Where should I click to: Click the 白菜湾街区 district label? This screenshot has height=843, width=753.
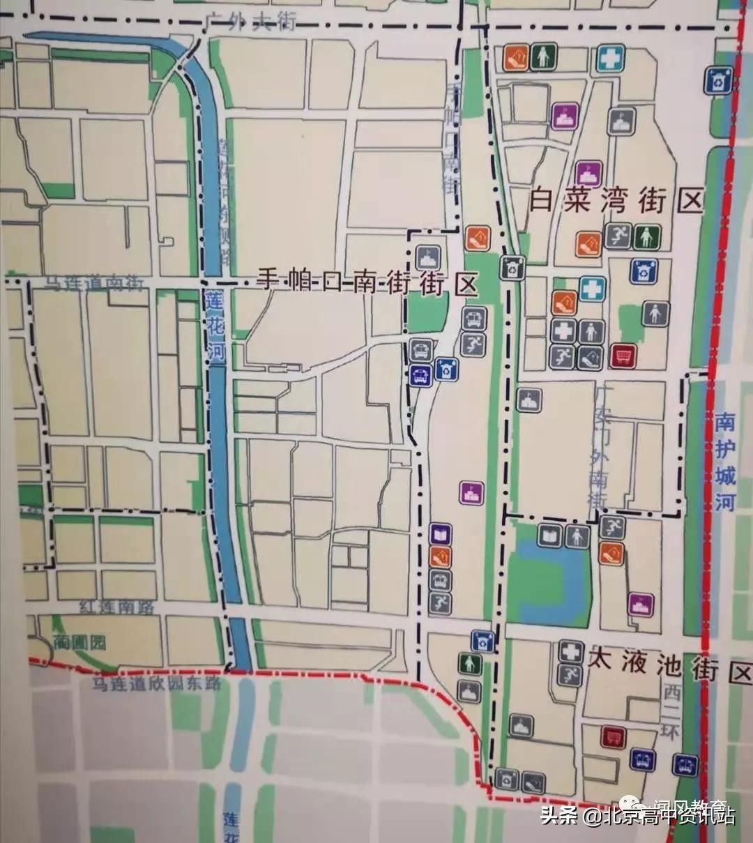[616, 202]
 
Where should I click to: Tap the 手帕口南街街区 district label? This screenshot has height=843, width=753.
[367, 282]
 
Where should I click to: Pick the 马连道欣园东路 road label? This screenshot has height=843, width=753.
[158, 683]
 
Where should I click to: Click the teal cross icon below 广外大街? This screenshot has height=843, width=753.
[610, 58]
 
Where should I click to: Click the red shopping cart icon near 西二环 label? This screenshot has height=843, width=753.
[613, 737]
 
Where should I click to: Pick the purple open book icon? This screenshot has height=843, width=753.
[440, 535]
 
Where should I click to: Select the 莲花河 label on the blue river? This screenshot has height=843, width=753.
[215, 326]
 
